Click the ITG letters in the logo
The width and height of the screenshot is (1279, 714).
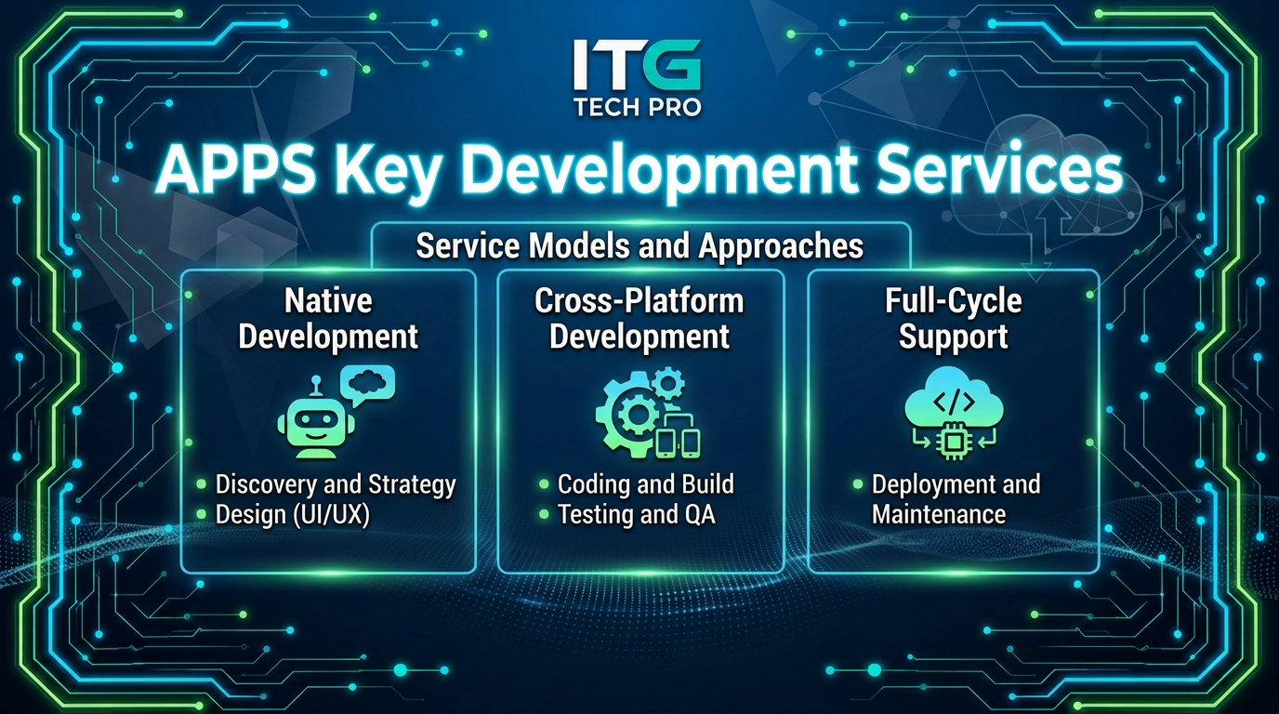pos(638,65)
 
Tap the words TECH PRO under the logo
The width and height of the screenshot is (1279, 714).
pos(638,108)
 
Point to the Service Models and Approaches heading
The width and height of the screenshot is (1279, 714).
pos(639,246)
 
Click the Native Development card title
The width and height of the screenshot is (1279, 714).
pos(328,318)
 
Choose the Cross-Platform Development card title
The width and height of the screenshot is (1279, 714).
pos(639,318)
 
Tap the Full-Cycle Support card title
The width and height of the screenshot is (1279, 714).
pos(954,318)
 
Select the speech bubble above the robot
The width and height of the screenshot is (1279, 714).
pos(368,384)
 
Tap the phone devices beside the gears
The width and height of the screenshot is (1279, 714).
pos(678,443)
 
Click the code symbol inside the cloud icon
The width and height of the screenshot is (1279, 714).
pos(954,403)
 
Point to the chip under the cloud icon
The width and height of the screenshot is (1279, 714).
pos(953,441)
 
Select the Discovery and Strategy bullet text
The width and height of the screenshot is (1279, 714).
pos(336,484)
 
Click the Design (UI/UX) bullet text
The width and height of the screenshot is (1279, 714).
pos(293,515)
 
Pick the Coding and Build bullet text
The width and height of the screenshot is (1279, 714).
pos(646,484)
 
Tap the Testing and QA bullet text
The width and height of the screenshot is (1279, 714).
pos(636,514)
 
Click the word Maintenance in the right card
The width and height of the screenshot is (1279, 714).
pos(939,514)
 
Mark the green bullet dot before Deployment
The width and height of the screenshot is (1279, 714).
pos(858,485)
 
